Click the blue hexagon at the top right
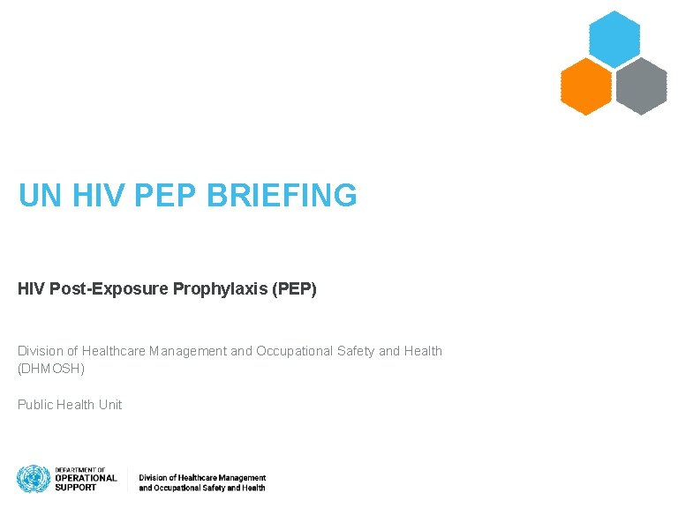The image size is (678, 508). pos(614,39)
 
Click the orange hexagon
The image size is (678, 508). pos(586,86)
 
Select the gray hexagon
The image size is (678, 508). pos(641,86)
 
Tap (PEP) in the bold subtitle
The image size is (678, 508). pos(295,289)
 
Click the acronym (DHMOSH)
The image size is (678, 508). pos(51,369)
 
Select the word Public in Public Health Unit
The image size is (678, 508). pos(34,405)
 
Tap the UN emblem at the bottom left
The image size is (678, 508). pos(33,479)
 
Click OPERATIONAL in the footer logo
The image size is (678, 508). pos(86,478)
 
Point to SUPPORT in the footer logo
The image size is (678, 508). pos(76,487)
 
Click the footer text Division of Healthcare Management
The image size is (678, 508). pos(202,478)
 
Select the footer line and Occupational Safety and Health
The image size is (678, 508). pos(202,488)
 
